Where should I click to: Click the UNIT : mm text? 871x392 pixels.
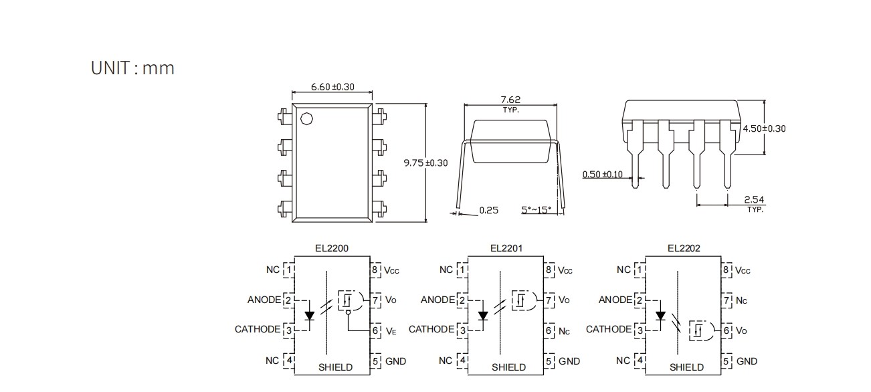(x=132, y=68)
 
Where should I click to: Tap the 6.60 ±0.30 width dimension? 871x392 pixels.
(x=332, y=87)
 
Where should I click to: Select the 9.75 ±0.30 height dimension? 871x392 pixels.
(x=426, y=163)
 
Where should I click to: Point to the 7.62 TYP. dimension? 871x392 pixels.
(x=510, y=104)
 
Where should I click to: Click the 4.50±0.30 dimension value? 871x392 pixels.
(x=764, y=128)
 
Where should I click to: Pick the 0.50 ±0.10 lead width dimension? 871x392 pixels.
(x=602, y=175)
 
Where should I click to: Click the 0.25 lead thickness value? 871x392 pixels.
(x=489, y=210)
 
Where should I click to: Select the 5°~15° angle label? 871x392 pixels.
(x=536, y=210)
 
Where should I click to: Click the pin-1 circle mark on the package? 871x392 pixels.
(x=307, y=120)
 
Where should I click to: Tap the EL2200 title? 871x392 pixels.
(x=332, y=248)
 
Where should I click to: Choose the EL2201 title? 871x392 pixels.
(x=506, y=248)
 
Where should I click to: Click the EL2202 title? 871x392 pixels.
(x=684, y=248)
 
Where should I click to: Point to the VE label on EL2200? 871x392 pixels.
(x=391, y=330)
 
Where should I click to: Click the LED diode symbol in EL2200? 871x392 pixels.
(x=310, y=314)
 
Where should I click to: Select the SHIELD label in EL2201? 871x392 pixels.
(x=508, y=367)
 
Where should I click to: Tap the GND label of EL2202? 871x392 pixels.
(x=747, y=361)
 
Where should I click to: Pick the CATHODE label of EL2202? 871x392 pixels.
(x=609, y=329)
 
